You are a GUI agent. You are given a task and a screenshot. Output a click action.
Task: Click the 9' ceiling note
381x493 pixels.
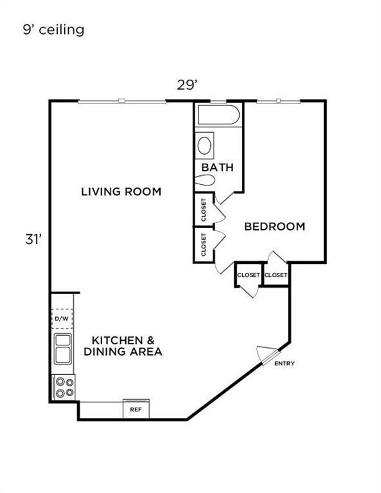coord(53,30)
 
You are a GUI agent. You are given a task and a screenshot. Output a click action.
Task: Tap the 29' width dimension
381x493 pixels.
coord(187,85)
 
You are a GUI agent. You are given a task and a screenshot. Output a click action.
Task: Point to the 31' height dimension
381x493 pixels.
coord(33,240)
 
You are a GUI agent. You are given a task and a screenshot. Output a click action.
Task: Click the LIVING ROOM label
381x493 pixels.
coord(121,191)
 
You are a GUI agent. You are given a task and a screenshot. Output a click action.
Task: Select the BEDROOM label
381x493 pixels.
coord(274,227)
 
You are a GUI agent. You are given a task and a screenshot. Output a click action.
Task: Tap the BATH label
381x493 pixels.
coord(217,168)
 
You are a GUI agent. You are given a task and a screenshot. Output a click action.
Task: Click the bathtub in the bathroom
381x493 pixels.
coord(218,115)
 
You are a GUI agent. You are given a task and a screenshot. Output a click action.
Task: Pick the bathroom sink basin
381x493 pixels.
coord(204,145)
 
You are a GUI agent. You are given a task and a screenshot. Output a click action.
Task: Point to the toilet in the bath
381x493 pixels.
coord(205,180)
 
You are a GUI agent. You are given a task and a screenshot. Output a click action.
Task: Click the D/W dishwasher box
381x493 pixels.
coord(62,318)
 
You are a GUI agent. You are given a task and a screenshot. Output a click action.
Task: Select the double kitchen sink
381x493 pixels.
coord(63,349)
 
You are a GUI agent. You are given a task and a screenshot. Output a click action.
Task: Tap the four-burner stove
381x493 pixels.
coord(64,387)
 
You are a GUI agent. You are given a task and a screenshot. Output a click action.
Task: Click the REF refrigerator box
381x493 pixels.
coord(136,409)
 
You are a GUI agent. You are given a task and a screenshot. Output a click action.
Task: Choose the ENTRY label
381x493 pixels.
coord(285,363)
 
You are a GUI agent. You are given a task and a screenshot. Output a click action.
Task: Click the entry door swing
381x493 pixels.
coord(267,354)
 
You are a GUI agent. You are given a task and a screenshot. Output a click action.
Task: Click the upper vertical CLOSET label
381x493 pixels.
coord(204,209)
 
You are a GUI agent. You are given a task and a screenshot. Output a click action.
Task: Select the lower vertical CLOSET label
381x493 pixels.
coord(204,245)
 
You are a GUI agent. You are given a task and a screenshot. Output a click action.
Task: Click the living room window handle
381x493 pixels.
coord(122,101)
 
